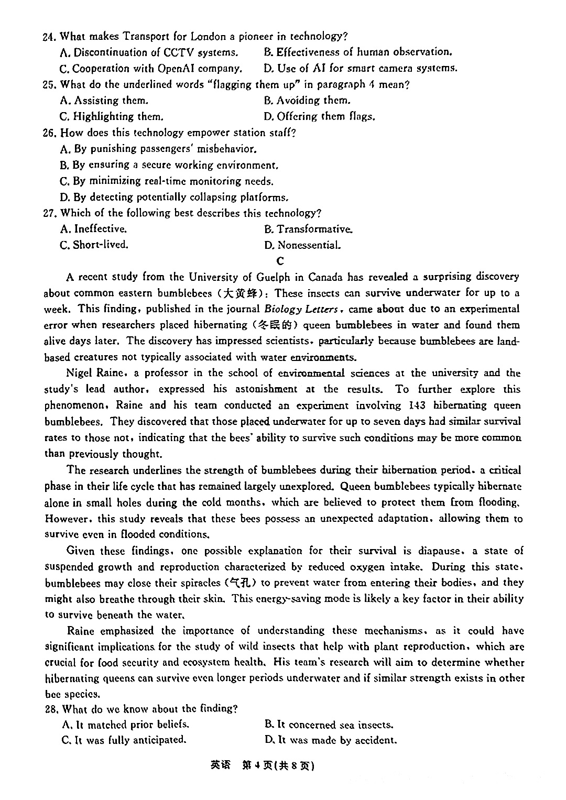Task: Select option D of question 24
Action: [x=361, y=68]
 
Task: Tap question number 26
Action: [x=50, y=133]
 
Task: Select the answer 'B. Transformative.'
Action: [x=308, y=229]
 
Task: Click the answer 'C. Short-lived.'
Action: [x=94, y=245]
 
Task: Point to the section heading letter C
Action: [x=280, y=261]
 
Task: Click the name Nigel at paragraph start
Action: [x=80, y=373]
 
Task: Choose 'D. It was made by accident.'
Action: [x=330, y=740]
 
